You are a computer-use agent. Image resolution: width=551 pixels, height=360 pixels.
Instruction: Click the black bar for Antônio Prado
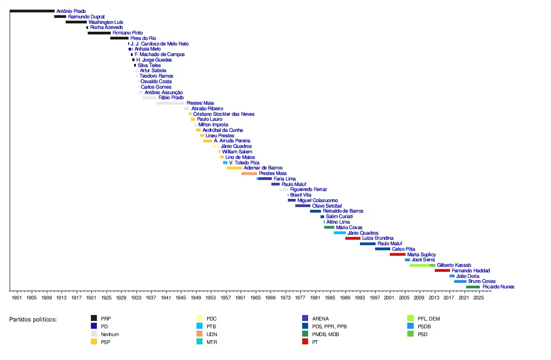(32, 11)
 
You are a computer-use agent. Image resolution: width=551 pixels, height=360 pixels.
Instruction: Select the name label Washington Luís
(106, 22)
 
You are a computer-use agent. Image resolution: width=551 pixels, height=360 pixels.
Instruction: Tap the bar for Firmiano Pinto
(99, 33)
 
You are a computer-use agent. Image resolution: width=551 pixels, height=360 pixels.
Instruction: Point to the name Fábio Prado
(171, 98)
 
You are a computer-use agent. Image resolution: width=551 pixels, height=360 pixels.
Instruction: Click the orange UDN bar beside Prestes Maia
(249, 174)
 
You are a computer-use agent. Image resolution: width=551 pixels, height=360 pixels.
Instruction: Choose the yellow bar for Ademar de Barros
(234, 168)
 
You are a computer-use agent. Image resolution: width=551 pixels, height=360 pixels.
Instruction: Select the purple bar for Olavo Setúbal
(303, 206)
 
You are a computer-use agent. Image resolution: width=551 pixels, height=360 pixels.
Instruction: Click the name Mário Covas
(349, 227)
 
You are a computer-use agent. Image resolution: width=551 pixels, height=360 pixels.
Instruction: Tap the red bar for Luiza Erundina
(353, 238)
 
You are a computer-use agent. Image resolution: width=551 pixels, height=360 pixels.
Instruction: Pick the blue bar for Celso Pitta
(382, 249)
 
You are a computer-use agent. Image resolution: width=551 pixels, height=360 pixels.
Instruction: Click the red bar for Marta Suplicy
(398, 254)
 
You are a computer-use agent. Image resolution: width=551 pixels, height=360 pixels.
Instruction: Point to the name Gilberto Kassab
(454, 265)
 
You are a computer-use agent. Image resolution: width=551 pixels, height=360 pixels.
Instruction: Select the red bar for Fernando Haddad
(442, 270)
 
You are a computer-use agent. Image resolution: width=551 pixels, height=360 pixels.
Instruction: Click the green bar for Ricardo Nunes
(473, 287)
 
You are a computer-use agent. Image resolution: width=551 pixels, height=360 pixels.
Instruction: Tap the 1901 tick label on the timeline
(17, 298)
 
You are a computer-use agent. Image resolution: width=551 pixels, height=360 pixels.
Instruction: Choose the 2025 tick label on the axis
(478, 298)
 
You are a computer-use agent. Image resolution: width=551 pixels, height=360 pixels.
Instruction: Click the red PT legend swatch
(305, 342)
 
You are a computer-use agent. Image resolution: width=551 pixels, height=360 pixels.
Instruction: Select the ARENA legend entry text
(320, 319)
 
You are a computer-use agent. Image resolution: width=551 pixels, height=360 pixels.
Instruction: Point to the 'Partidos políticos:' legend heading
(33, 319)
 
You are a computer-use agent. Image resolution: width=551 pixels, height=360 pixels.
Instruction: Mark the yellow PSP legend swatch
(94, 342)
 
